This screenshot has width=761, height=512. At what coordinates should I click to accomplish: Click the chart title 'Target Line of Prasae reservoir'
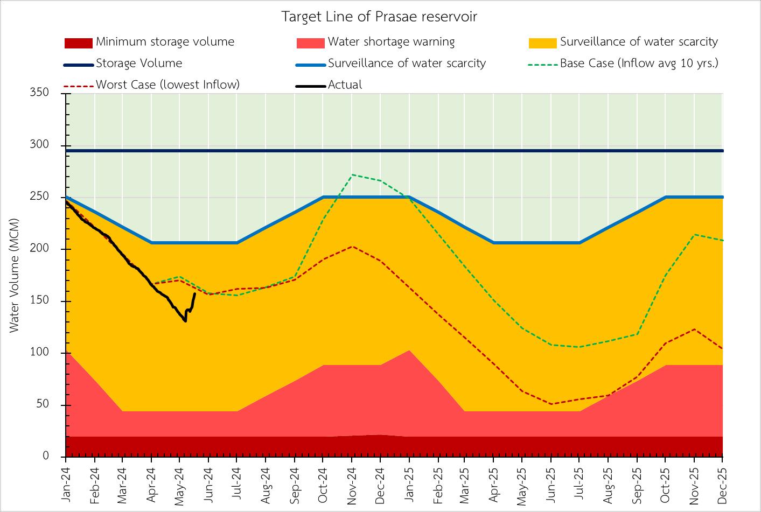click(x=379, y=17)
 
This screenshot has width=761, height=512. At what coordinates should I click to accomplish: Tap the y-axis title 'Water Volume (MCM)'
click(x=14, y=275)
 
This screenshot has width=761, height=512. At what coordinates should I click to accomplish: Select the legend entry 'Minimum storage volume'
click(x=165, y=42)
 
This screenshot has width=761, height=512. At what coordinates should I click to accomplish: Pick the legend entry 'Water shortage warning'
click(x=391, y=42)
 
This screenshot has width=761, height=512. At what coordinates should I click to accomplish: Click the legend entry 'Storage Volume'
click(x=139, y=64)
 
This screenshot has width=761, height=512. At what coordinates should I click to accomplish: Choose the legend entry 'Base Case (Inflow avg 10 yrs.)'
click(x=639, y=64)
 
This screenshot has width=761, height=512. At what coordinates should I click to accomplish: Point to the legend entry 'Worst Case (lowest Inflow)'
click(x=167, y=85)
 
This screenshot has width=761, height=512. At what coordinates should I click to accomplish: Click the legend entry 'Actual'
click(x=345, y=85)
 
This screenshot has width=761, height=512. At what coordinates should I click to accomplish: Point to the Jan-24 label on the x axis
click(x=66, y=481)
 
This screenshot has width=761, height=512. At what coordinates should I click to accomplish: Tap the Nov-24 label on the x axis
click(x=351, y=481)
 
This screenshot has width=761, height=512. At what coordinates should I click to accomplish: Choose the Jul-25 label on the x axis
click(x=580, y=481)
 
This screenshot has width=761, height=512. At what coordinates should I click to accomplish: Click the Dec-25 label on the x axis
click(x=722, y=481)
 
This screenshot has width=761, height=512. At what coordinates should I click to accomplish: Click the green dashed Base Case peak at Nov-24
click(x=351, y=174)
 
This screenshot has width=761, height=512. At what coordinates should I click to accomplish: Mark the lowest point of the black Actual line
click(x=185, y=321)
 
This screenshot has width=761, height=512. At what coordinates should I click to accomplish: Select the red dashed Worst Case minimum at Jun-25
click(x=551, y=404)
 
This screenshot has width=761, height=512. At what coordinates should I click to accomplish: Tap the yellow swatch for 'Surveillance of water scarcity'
click(x=543, y=43)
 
